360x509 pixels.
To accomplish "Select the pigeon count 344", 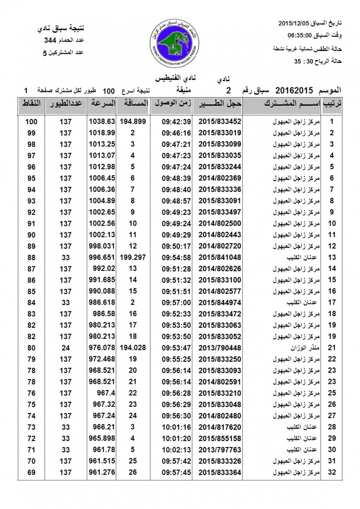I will [51, 41].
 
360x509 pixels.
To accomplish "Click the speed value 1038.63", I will [102, 121].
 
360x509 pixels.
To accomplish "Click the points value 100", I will [31, 121].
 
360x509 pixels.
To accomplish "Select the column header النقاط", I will [31, 103].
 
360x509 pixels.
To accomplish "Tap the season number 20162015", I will [294, 90].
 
